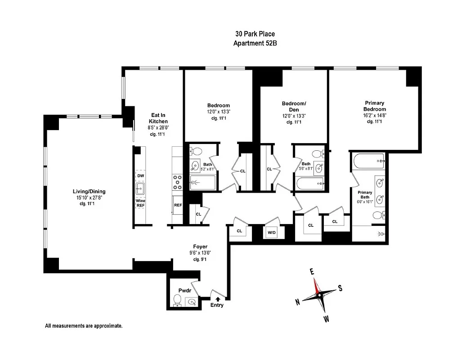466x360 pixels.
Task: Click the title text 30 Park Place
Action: [255, 34]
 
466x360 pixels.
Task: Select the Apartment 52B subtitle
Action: [255, 43]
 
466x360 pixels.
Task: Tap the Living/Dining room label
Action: [89, 191]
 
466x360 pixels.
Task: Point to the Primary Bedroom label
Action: [375, 106]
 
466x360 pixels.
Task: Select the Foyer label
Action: [200, 246]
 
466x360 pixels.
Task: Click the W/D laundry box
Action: [272, 233]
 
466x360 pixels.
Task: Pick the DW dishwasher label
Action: [140, 175]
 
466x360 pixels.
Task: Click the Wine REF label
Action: [140, 202]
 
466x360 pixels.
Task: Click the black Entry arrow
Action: [218, 298]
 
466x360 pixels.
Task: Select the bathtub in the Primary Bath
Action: [369, 160]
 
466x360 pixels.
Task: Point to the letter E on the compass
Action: [311, 271]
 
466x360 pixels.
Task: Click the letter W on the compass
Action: [326, 319]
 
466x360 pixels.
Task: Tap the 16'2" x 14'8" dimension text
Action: [375, 115]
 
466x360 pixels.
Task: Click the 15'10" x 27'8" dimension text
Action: [89, 198]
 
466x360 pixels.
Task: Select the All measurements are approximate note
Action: [83, 325]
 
